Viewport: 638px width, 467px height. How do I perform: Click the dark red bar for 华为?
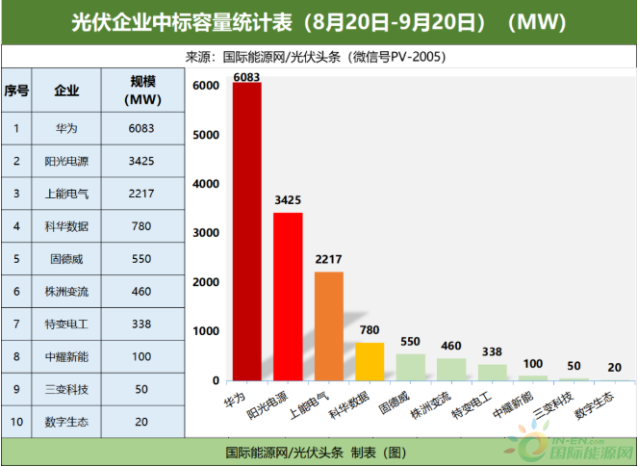click(x=246, y=231)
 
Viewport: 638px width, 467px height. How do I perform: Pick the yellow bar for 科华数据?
click(x=370, y=361)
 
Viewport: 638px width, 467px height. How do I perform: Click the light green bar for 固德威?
click(x=411, y=367)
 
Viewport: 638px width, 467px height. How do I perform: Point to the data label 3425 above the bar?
click(x=288, y=200)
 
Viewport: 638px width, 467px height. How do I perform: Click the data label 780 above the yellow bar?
click(x=370, y=329)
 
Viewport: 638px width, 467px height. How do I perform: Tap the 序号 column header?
click(x=16, y=91)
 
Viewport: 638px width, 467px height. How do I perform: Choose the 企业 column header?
click(x=67, y=91)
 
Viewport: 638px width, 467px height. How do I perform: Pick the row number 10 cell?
click(x=16, y=422)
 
